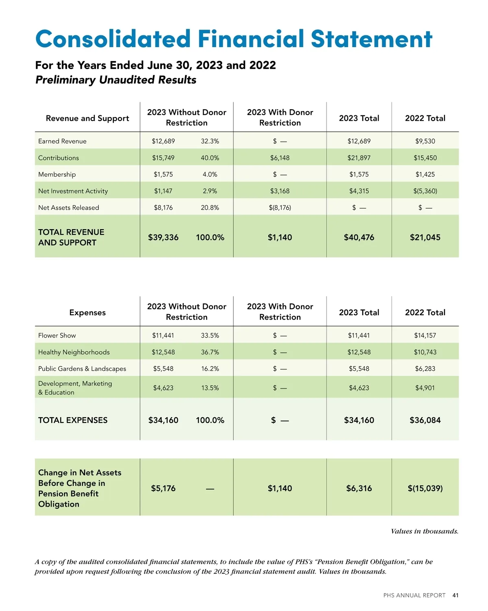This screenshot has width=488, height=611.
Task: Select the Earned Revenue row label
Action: point(62,141)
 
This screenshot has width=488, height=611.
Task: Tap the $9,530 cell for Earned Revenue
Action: point(425,141)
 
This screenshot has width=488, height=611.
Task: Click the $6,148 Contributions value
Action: point(280,158)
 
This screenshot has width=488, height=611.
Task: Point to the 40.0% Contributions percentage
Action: point(210,158)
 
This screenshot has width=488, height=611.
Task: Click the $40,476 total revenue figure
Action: point(359,238)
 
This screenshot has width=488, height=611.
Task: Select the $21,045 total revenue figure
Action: point(425,238)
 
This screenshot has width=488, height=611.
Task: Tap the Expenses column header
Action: point(87,313)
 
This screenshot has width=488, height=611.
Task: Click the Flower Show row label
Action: point(57,336)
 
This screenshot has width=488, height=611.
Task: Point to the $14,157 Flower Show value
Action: point(425,336)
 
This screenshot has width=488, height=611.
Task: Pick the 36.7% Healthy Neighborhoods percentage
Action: point(210,352)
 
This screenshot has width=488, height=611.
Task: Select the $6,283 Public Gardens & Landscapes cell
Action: point(425,369)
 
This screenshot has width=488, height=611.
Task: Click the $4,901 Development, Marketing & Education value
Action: point(425,388)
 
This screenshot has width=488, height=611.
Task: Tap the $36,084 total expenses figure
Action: point(425,420)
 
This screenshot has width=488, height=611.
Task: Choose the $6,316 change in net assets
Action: point(359,489)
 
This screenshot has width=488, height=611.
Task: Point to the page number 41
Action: point(455,596)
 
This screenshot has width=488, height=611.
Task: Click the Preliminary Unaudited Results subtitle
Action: point(116,80)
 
